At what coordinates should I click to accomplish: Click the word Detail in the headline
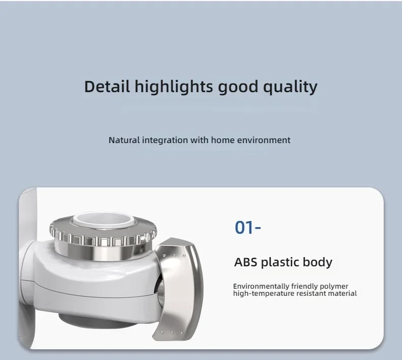107,86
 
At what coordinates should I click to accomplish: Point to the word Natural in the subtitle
124,140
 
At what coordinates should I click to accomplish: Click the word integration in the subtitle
165,141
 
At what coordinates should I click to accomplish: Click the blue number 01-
248,227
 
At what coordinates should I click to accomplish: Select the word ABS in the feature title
246,262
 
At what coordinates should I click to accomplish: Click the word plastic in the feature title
280,263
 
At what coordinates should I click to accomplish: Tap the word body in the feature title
318,263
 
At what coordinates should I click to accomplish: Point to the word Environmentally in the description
261,286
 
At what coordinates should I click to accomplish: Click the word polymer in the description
334,287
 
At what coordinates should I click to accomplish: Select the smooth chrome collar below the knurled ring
103,253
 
